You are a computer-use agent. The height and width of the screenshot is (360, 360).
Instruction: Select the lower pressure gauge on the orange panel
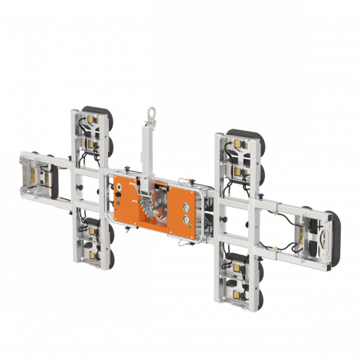tap(186, 219)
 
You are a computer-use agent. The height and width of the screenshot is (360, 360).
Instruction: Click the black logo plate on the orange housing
tap(162, 188)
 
